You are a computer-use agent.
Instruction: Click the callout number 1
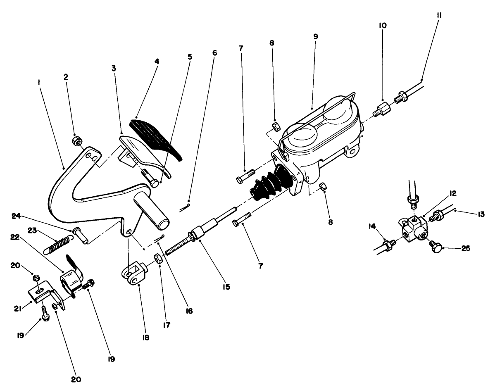tap(38, 83)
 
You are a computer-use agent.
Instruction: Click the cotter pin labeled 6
tap(184, 208)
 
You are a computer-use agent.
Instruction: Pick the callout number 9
tap(316, 36)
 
